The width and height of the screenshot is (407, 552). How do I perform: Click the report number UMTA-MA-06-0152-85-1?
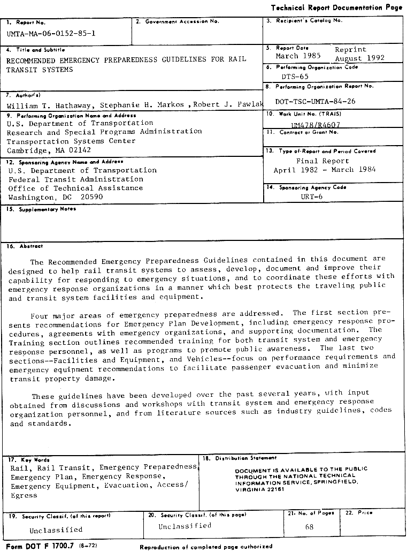pos(51,33)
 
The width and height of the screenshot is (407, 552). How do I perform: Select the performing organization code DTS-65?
pos(295,76)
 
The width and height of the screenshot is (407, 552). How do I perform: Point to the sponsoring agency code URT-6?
pos(311,196)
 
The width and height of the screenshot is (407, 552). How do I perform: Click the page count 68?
pos(309,527)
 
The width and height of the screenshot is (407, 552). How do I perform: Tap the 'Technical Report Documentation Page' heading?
pos(336,7)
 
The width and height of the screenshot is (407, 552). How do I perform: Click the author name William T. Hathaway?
pos(48,105)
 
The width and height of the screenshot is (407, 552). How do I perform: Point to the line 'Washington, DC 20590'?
pos(55,197)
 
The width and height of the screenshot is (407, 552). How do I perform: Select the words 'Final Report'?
pos(322,161)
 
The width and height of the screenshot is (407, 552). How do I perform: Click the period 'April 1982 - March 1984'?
pos(324,170)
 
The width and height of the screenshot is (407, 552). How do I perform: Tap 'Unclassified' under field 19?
pos(56,530)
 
